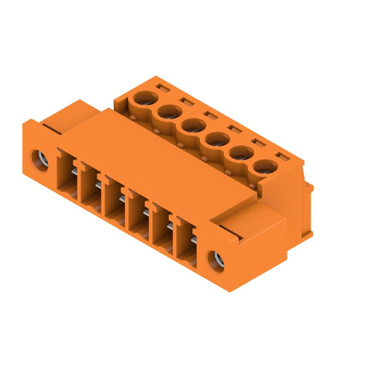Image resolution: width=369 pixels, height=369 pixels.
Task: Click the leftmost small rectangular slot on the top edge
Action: point(161,87)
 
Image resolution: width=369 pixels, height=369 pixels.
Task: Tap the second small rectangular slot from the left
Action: point(185,101)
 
